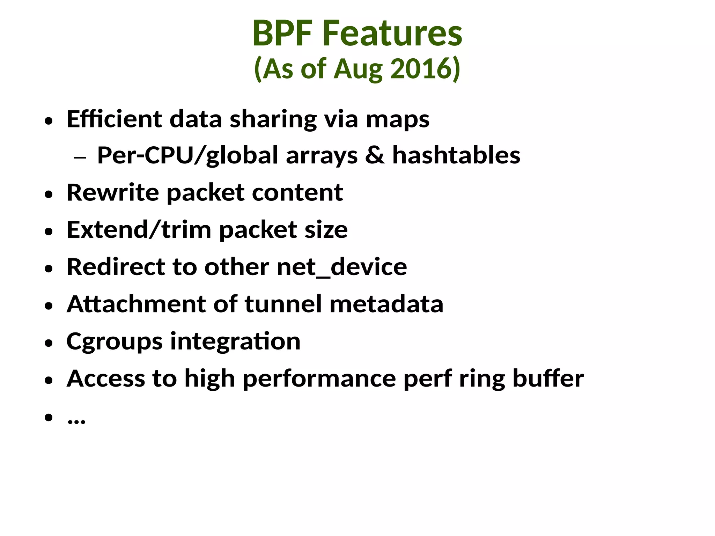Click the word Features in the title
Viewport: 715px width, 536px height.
tap(392, 33)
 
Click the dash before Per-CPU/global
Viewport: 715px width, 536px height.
tap(80, 158)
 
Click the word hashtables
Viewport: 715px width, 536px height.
tap(456, 155)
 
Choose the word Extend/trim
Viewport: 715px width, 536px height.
tap(139, 230)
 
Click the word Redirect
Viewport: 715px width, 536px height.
tap(116, 267)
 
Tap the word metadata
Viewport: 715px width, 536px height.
tap(386, 304)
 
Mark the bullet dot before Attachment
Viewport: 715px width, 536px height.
tap(49, 306)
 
